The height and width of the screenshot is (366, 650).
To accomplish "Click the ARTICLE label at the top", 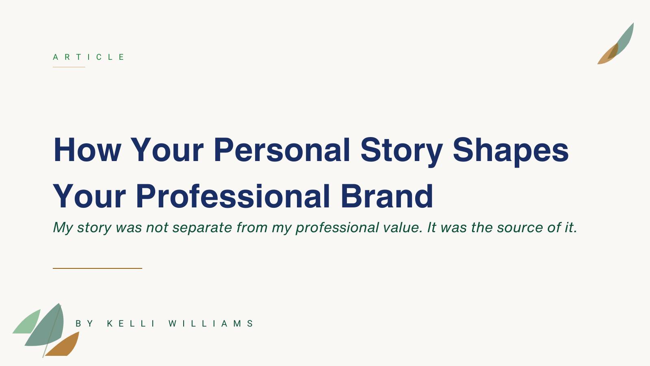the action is click(89, 57).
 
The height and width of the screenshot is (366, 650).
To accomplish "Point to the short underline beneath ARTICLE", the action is click(69, 67).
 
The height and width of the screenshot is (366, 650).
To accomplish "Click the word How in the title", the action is click(87, 150).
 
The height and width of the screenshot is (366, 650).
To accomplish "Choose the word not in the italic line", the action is click(157, 227).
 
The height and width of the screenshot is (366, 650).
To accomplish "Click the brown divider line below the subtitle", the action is click(97, 268).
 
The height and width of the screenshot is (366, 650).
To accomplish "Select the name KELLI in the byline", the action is click(131, 324).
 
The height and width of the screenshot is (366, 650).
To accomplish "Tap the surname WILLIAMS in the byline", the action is click(211, 324).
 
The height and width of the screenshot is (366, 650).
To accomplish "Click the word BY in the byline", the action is click(84, 324).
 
